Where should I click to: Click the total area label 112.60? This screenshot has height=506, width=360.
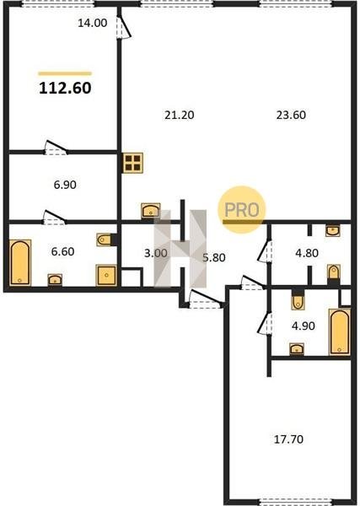pos(65,88)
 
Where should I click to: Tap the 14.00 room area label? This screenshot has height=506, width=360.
pos(93,23)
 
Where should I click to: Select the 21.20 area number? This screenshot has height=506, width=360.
pos(180,115)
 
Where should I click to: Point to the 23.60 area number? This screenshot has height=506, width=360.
pos(291,115)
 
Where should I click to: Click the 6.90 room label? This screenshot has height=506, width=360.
pos(65,185)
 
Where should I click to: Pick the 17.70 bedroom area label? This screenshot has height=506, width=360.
pos(288,439)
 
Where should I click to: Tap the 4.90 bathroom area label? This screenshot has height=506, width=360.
pos(304,326)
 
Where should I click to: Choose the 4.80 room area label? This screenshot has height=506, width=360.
pos(307,253)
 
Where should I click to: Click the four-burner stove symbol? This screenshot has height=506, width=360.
pos(133,163)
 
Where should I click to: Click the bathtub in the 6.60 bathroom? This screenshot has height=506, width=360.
pos(20,262)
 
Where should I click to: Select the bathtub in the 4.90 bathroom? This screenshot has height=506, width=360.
pos(340,331)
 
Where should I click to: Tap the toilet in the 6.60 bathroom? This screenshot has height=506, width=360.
pos(105,240)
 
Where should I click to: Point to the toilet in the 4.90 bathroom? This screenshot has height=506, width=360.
pos(298,301)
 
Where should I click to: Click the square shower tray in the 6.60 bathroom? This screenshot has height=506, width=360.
pos(106,275)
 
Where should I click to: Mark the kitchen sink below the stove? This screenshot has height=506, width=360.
pos(151,210)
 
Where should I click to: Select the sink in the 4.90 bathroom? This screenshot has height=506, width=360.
pos(297,349)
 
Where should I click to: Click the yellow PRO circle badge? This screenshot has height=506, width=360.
pos(242,209)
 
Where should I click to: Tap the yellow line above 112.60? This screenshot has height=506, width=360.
pos(65,73)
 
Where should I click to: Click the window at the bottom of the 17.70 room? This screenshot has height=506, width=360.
pos(295,502)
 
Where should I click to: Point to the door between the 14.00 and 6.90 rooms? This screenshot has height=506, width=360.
pos(56,148)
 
